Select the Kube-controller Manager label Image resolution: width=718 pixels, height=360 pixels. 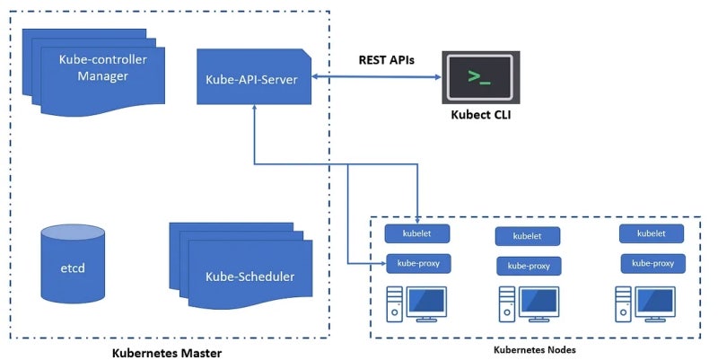(x=102, y=67)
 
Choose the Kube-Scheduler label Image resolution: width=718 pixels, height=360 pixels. (x=249, y=276)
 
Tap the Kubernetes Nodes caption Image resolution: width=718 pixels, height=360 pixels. (x=535, y=349)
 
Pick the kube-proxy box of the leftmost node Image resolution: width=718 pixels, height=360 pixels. (x=417, y=264)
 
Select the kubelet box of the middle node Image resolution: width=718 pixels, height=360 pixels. (x=527, y=236)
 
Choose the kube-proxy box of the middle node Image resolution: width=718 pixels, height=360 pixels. (x=528, y=266)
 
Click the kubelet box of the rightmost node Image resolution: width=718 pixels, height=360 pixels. (x=651, y=233)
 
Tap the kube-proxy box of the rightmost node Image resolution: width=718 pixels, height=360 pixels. (x=652, y=263)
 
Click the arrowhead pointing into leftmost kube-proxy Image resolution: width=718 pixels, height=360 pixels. (x=381, y=264)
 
